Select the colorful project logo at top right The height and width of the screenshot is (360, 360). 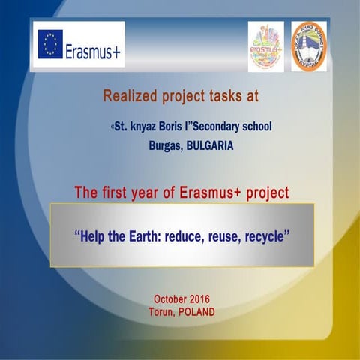265,46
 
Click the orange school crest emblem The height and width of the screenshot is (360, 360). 308,46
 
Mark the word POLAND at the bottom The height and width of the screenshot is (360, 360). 197,311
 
